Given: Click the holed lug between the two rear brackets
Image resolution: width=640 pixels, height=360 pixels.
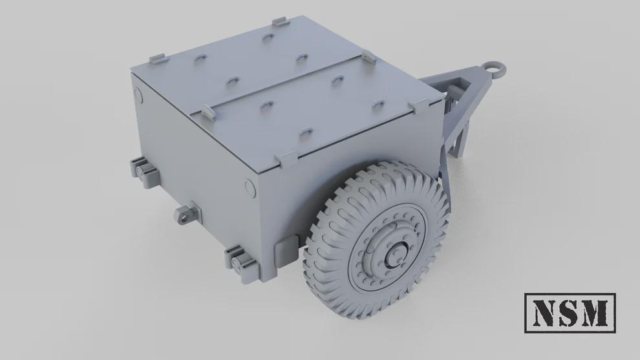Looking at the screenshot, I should [186, 214].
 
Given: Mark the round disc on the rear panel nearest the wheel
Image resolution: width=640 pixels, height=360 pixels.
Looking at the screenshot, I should [251, 188].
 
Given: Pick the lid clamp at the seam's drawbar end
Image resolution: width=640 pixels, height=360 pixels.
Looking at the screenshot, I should [367, 56].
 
